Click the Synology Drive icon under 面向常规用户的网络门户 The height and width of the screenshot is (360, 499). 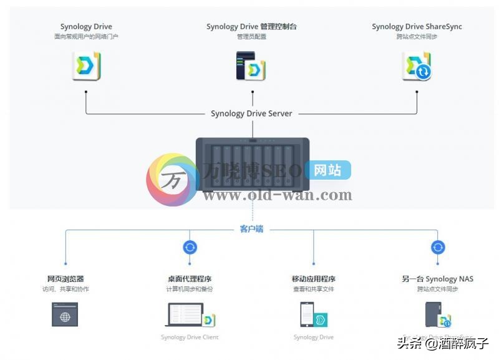(86, 66)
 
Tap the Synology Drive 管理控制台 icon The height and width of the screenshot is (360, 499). (251, 66)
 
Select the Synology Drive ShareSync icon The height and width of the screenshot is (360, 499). (417, 66)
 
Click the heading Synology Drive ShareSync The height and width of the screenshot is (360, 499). (417, 27)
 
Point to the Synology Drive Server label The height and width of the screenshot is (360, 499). (251, 114)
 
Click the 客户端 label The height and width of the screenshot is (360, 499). (251, 230)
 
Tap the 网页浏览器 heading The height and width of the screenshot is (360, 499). (65, 279)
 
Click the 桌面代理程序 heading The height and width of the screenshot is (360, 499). (190, 279)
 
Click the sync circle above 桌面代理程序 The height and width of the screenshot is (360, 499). (190, 247)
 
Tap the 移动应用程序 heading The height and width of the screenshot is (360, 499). (313, 279)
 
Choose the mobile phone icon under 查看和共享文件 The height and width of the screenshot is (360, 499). (307, 315)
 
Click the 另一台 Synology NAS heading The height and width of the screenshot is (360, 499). (437, 279)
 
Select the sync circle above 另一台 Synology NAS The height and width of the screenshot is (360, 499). (437, 247)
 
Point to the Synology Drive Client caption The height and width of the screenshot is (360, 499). (190, 338)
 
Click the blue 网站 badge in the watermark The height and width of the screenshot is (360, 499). (327, 170)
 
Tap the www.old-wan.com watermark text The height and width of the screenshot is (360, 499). (278, 195)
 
